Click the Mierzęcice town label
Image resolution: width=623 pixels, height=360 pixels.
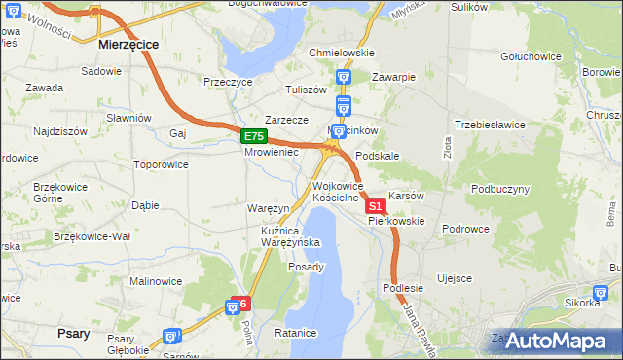click(129, 45)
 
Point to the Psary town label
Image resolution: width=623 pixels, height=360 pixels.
click(73, 333)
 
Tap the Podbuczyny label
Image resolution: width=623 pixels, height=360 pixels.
click(500, 189)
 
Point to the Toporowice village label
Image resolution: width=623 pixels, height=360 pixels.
click(161, 164)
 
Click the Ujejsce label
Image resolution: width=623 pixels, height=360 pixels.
click(455, 278)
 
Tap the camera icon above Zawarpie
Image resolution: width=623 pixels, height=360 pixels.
click(343, 76)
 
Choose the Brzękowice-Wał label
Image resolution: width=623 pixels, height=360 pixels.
click(92, 236)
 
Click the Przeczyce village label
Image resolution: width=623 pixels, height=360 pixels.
click(228, 83)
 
